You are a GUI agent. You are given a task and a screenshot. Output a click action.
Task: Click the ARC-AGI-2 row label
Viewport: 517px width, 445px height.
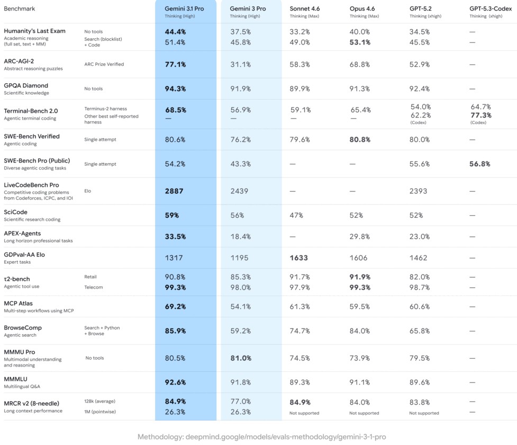coord(19,61)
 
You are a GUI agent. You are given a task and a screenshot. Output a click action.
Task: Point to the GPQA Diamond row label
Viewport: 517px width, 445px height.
coord(26,85)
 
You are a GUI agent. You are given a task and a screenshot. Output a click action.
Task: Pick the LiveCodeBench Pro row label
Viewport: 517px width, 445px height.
coord(31,185)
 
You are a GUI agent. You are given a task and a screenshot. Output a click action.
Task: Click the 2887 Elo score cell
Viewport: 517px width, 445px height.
coord(175,191)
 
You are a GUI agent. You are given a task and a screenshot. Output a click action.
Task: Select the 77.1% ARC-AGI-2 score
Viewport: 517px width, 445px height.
coord(175,64)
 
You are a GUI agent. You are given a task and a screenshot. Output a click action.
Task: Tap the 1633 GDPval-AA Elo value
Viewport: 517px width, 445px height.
coord(299,258)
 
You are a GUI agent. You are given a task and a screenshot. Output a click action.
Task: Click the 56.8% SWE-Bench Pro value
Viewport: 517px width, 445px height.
coord(480,164)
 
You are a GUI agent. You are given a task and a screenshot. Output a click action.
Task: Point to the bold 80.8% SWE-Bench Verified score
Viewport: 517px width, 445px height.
coord(360,139)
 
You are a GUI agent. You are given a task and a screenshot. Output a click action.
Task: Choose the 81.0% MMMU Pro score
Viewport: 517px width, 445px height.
coord(241,358)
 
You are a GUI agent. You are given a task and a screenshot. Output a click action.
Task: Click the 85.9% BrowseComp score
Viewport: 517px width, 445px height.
coord(175,331)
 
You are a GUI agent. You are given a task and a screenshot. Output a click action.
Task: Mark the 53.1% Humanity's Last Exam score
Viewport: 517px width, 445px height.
coord(360,42)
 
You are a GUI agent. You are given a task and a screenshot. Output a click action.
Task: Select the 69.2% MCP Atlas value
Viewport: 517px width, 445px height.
coord(175,306)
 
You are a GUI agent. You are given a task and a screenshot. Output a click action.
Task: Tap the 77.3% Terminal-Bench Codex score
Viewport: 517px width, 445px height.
coord(480,115)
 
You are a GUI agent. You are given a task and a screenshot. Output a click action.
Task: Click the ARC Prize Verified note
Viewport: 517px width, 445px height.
coord(104,64)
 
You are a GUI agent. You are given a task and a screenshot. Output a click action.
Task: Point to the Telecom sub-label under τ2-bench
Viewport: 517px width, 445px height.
coord(94,287)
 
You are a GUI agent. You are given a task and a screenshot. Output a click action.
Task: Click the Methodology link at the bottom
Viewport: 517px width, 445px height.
coord(261,437)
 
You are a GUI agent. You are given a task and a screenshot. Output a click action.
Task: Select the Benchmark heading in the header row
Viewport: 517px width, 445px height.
coord(19,9)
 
